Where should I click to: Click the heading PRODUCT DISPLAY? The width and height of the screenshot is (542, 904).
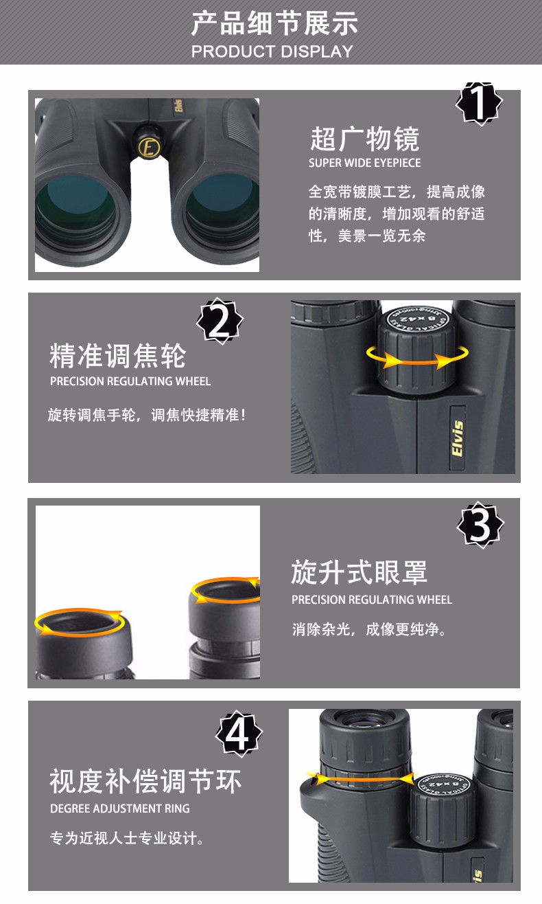272,52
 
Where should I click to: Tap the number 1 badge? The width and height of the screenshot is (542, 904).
479,103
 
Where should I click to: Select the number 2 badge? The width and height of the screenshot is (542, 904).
220,321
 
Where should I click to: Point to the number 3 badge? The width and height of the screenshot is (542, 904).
480,525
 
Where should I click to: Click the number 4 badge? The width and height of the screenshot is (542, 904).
239,733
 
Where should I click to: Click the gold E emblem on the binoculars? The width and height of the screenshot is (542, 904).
149,147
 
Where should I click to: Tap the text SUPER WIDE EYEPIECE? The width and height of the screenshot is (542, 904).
364,163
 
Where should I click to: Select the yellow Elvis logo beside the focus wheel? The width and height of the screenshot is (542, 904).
458,438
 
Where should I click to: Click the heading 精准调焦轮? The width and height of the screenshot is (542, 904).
118,356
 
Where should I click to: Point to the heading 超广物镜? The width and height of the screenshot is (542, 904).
365,139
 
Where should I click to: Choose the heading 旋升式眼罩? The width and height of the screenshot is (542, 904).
359,572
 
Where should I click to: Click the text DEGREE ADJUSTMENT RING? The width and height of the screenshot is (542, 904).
119,809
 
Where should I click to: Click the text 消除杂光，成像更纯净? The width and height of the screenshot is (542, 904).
369,629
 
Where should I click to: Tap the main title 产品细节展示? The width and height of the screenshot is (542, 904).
274,23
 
